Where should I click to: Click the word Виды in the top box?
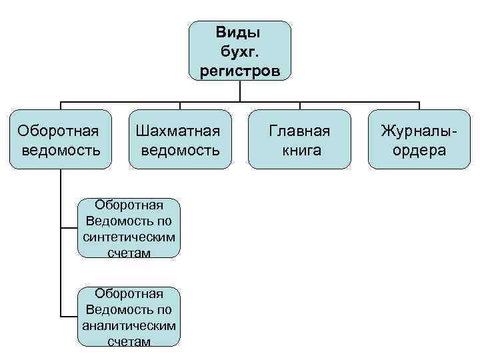[239, 32]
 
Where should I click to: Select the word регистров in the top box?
[239, 71]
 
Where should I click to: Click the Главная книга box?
[299, 139]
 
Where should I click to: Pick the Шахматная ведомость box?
[179, 139]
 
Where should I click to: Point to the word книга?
[300, 150]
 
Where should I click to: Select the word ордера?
[419, 150]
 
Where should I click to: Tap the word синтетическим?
[129, 237]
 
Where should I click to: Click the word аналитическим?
[129, 326]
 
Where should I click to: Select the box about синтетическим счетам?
[129, 228]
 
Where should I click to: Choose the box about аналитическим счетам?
[129, 317]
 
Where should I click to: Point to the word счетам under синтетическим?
[129, 253]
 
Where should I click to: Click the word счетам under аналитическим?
[129, 341]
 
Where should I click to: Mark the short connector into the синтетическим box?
[69, 228]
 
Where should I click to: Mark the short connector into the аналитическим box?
[69, 317]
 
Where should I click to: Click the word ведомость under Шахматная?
[179, 150]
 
